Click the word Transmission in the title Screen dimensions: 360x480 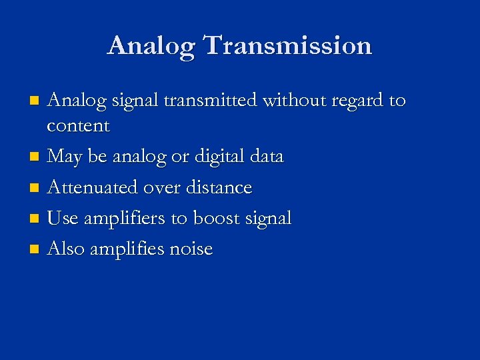[x=287, y=45]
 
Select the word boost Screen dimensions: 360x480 [x=218, y=218]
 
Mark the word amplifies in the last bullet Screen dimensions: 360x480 [x=127, y=249]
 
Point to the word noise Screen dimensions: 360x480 [x=191, y=249]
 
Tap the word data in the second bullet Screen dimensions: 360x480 [x=265, y=157]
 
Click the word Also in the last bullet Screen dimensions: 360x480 [x=65, y=249]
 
